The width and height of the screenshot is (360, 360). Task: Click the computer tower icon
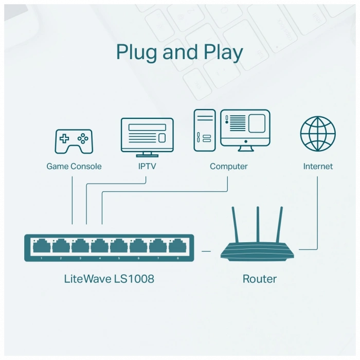pyautogui.click(x=205, y=131)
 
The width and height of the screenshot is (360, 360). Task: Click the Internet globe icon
pyautogui.click(x=318, y=133)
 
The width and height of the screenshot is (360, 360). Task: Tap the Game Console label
pyautogui.click(x=74, y=167)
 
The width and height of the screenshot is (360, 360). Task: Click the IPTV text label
pyautogui.click(x=147, y=167)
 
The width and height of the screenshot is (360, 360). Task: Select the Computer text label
pyautogui.click(x=228, y=167)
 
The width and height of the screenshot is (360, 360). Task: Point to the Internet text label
pyautogui.click(x=318, y=167)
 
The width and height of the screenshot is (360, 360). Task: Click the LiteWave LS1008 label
pyautogui.click(x=109, y=279)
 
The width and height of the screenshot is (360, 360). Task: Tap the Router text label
pyautogui.click(x=260, y=279)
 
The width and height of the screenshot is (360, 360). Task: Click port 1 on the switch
pyautogui.click(x=42, y=246)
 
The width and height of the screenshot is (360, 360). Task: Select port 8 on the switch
pyautogui.click(x=177, y=246)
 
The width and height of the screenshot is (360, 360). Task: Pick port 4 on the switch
pyautogui.click(x=100, y=246)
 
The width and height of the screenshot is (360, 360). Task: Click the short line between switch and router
pyautogui.click(x=207, y=251)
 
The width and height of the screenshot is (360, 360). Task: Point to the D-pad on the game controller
pyautogui.click(x=64, y=138)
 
